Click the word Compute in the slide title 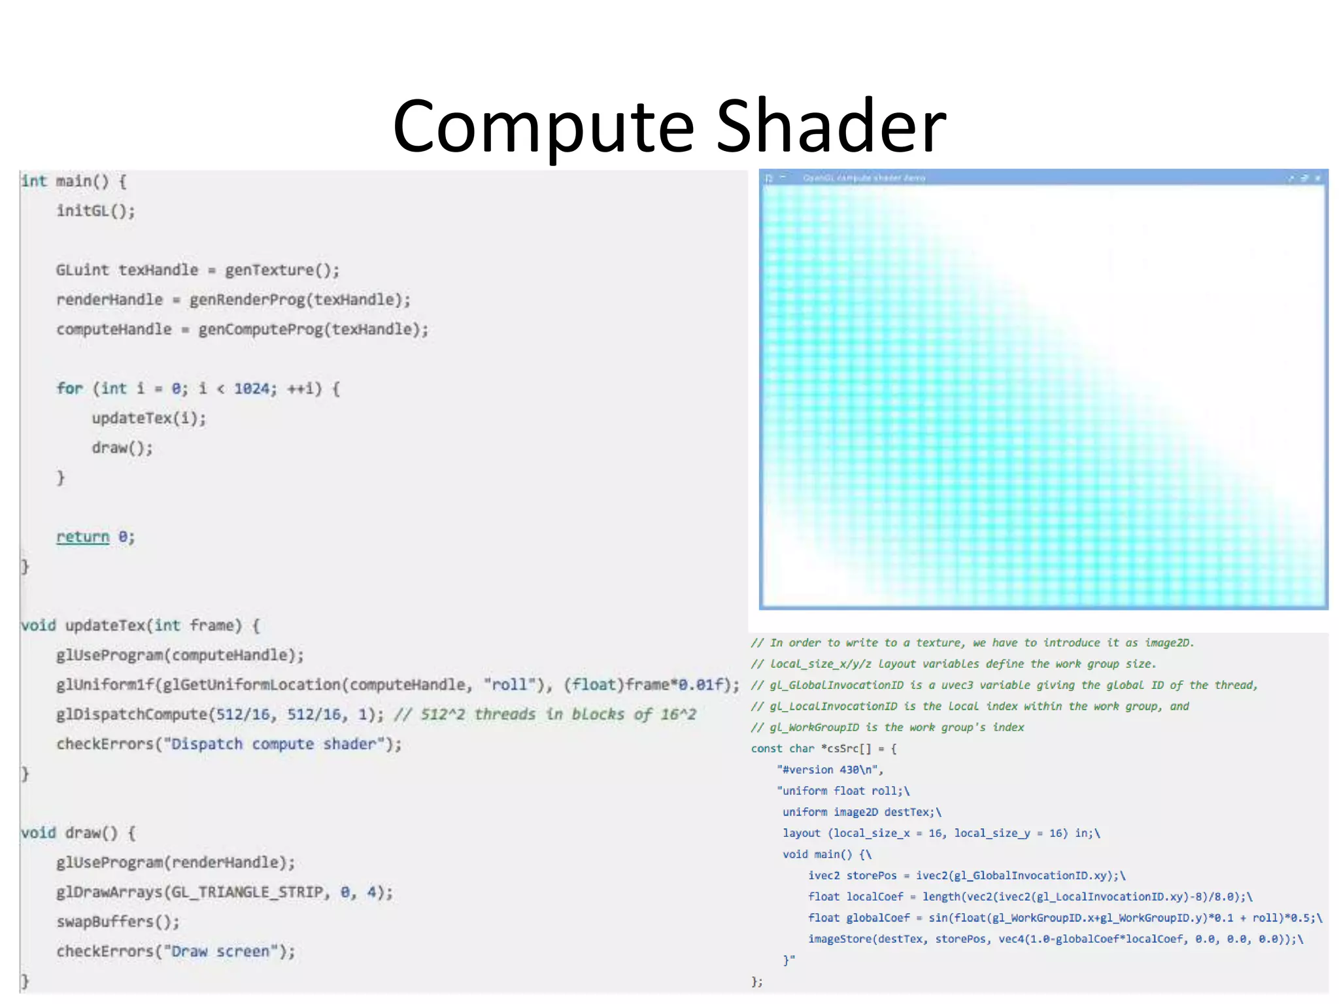coord(543,126)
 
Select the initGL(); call coord(95,210)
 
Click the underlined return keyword coord(82,537)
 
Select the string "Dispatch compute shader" coord(273,744)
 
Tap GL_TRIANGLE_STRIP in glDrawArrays coord(251,892)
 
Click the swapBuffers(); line coord(118,922)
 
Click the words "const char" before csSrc coord(782,748)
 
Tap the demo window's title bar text coord(863,178)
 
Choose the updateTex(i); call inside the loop coord(148,418)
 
